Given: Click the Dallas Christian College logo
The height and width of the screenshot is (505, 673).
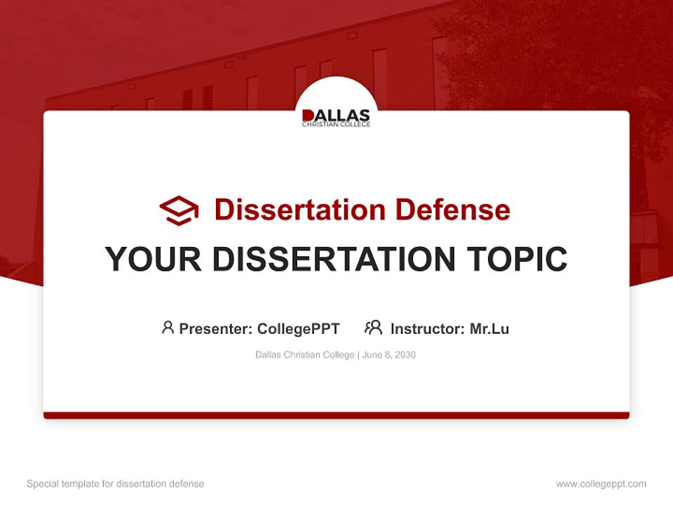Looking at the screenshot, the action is click(x=336, y=118).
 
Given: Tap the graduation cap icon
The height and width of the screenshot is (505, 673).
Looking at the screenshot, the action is click(x=179, y=210).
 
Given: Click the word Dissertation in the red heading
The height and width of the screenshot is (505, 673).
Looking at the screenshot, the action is click(x=300, y=210).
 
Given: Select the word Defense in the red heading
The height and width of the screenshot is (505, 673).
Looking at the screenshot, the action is click(x=453, y=210).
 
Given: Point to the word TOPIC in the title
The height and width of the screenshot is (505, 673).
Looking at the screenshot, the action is click(x=517, y=259).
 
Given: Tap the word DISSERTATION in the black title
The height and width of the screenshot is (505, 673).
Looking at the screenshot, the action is click(x=334, y=259).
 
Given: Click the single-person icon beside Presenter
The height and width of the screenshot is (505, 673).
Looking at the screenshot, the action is click(x=168, y=328).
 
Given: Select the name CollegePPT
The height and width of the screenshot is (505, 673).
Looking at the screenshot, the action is click(x=299, y=329).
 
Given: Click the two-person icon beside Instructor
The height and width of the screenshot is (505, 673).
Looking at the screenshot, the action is click(x=374, y=328).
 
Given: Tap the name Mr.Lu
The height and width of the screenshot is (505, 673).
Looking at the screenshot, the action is click(x=490, y=329).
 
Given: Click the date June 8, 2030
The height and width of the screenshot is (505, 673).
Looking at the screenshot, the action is click(x=389, y=355).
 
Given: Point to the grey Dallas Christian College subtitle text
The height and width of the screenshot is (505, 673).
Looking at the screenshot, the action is click(x=305, y=355).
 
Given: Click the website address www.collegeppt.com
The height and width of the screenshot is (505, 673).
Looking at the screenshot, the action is click(x=601, y=484).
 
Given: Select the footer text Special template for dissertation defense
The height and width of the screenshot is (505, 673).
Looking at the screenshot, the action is click(x=116, y=484).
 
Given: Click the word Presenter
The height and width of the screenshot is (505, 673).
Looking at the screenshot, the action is click(x=215, y=329).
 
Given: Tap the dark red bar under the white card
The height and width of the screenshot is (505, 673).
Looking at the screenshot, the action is click(x=336, y=415).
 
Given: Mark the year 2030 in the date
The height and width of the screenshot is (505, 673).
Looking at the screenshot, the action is click(x=405, y=355).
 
